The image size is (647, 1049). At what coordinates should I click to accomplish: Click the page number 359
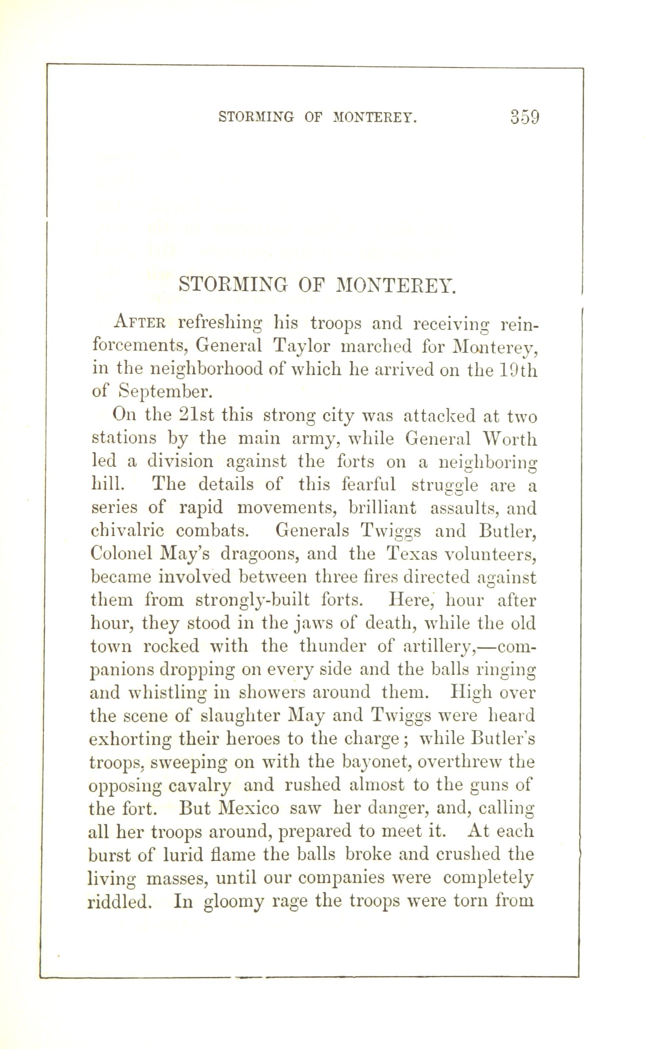point(524,117)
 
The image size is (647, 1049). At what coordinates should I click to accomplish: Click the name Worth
point(509,439)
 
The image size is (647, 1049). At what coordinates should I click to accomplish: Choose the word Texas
point(412,554)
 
